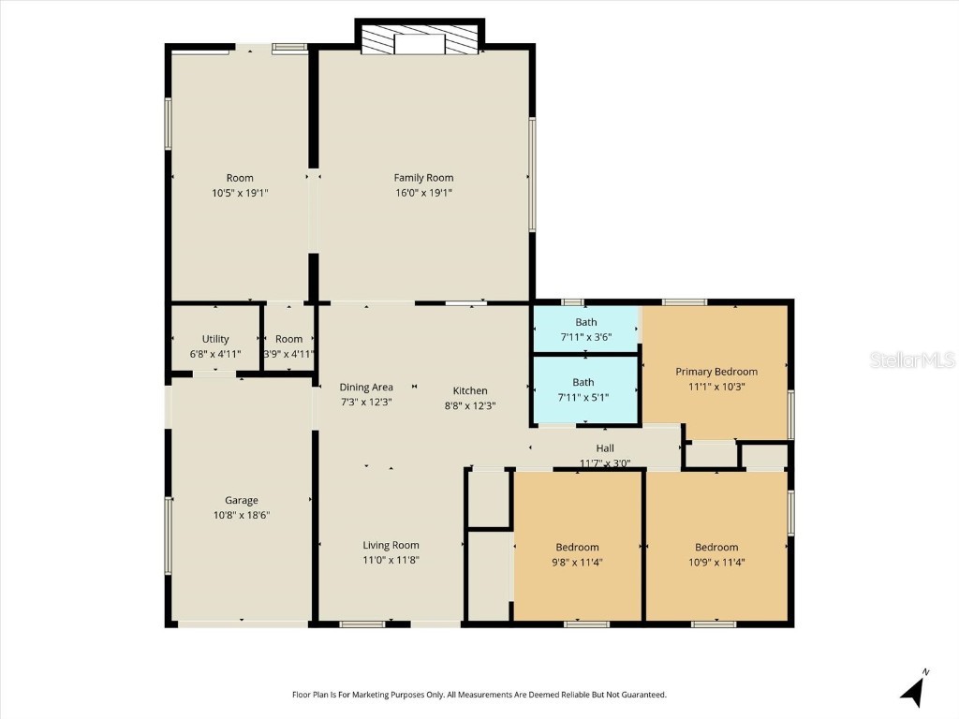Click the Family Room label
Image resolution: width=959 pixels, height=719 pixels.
[x=423, y=178]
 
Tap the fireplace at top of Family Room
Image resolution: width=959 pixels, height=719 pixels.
[x=419, y=41]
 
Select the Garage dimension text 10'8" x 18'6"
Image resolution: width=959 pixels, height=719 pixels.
[x=241, y=515]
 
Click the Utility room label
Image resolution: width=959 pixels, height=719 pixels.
[x=215, y=339]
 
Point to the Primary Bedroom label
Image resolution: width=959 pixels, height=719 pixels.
[x=716, y=372]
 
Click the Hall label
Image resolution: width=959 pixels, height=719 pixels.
[x=605, y=448]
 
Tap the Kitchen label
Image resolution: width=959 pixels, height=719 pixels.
[x=470, y=390]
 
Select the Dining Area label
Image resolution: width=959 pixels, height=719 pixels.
[x=366, y=387]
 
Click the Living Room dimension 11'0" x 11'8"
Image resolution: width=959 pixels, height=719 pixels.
[x=391, y=560]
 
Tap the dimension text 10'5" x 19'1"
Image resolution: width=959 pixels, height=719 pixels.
[x=240, y=193]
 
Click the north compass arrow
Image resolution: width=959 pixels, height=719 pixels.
[x=913, y=690]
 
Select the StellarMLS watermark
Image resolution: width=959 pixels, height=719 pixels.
[x=911, y=359]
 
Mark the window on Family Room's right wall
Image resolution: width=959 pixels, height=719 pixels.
[x=532, y=175]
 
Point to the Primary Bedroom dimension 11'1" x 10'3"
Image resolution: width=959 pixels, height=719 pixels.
[x=716, y=386]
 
